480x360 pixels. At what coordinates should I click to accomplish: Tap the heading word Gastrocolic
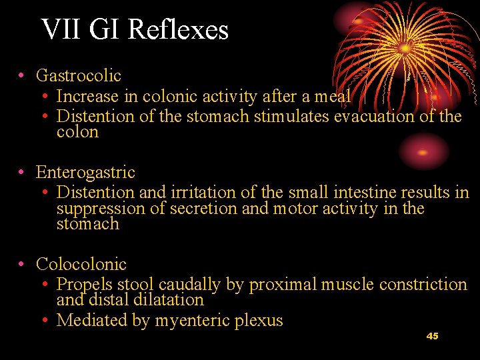79,77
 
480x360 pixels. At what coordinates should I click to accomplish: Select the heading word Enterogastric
85,173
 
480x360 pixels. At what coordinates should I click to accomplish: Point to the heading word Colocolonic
81,265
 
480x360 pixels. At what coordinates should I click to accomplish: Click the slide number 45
432,336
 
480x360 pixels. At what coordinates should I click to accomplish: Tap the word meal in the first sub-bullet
333,97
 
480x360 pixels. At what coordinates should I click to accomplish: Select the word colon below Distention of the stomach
77,132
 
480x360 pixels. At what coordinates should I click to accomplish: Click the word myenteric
192,321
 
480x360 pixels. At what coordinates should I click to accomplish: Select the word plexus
259,321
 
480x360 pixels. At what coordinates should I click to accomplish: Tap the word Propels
85,285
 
